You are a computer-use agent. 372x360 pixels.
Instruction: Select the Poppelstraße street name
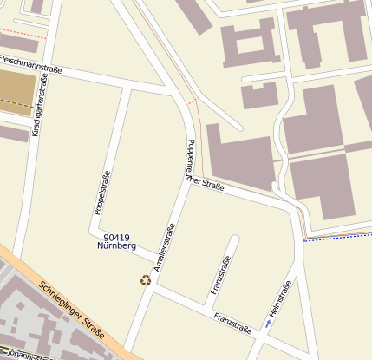(x=101, y=192)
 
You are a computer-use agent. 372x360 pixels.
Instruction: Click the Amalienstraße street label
(x=163, y=250)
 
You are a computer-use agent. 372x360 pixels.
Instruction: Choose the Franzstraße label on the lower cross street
(x=232, y=323)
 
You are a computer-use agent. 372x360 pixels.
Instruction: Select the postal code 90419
(x=115, y=237)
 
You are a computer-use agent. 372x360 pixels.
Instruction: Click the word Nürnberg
(x=117, y=246)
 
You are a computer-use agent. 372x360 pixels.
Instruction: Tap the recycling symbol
(x=145, y=279)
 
